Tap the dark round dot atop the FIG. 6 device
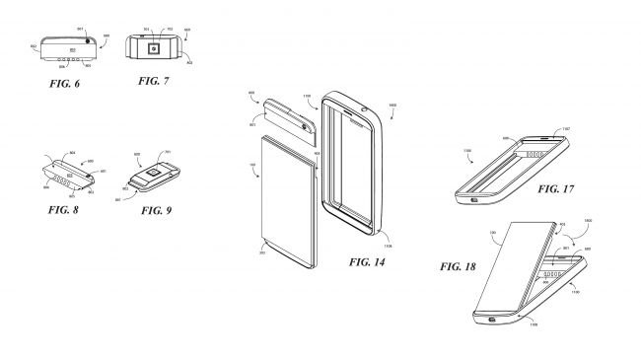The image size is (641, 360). [x=86, y=40]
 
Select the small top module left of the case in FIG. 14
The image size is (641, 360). [x=291, y=123]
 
